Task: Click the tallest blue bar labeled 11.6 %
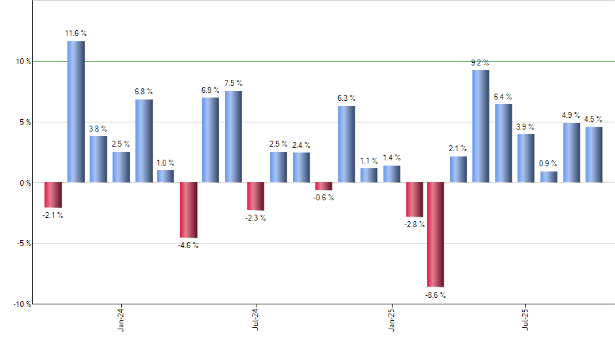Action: pos(76,111)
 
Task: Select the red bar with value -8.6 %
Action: pos(436,234)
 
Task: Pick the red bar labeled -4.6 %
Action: pos(188,209)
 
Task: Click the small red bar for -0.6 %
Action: pos(323,186)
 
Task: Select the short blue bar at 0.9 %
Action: pos(548,177)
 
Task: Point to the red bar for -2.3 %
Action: pos(256,196)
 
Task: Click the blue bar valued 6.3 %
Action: pos(346,144)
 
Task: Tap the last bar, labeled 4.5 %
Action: pos(593,154)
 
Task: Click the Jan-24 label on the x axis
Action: pos(121,320)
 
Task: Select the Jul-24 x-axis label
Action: pos(256,320)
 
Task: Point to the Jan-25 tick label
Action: pos(391,320)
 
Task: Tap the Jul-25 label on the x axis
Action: pos(526,320)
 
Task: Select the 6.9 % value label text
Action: pos(211,89)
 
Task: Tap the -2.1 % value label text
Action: pos(53,215)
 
